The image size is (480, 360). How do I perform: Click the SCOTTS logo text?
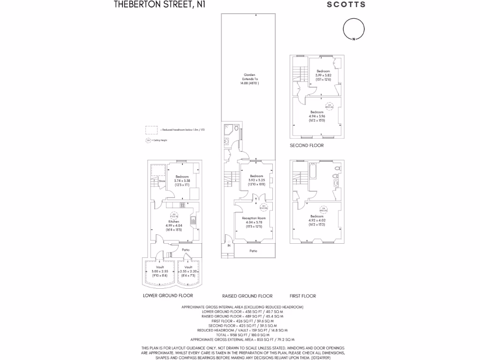(346, 5)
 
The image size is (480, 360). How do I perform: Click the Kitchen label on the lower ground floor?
(173, 221)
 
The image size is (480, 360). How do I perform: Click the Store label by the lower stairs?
(162, 180)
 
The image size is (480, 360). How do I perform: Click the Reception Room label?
(254, 218)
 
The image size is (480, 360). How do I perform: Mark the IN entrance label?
(229, 246)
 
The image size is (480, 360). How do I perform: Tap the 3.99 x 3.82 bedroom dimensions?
(323, 75)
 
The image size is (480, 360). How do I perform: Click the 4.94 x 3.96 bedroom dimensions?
(317, 116)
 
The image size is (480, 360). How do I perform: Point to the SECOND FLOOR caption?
(307, 145)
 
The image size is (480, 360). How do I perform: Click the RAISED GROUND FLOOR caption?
(247, 296)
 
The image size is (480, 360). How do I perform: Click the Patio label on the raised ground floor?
(253, 251)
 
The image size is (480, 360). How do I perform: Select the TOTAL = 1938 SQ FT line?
(242, 335)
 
